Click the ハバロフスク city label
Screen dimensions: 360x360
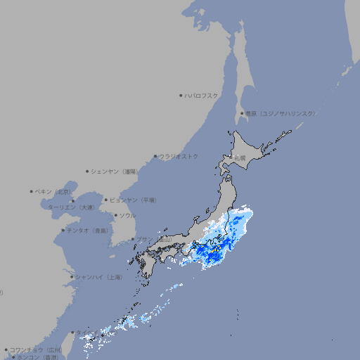pyautogui.click(x=202, y=95)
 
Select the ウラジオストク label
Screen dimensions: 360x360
pyautogui.click(x=179, y=156)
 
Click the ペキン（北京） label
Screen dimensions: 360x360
pyautogui.click(x=54, y=191)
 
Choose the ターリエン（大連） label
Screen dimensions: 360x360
pyautogui.click(x=71, y=207)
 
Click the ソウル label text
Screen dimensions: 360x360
pyautogui.click(x=127, y=215)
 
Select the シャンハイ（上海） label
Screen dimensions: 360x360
pyautogui.click(x=98, y=277)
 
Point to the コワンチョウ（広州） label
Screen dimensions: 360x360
pyautogui.click(x=36, y=349)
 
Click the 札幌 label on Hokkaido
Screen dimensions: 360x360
pyautogui.click(x=240, y=158)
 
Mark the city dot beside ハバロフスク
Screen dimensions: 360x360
pyautogui.click(x=181, y=95)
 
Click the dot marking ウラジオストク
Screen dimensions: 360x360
pyautogui.click(x=155, y=156)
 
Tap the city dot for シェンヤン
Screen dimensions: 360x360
pyautogui.click(x=87, y=171)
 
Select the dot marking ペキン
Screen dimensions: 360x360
pyautogui.click(x=32, y=191)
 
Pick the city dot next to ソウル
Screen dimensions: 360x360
pyautogui.click(x=115, y=215)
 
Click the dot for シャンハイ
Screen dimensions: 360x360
pyautogui.click(x=72, y=277)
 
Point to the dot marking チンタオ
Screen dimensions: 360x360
pyautogui.click(x=63, y=230)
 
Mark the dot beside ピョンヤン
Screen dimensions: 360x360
pyautogui.click(x=106, y=200)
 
